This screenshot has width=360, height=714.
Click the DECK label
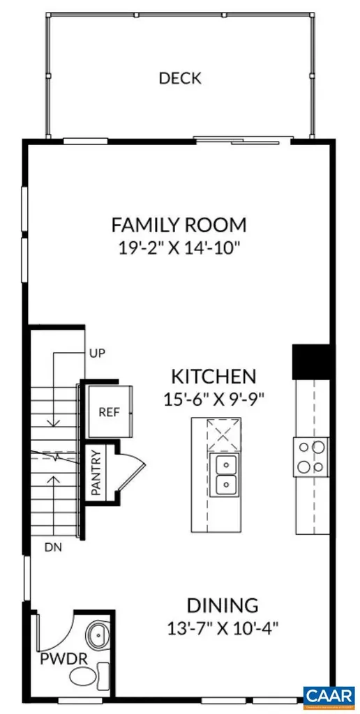(179, 78)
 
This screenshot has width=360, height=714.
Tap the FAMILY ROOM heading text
(179, 225)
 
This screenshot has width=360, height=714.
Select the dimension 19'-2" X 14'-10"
(179, 248)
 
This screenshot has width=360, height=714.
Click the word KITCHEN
(213, 377)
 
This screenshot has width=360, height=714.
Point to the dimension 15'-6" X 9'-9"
(213, 400)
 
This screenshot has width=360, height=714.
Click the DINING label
(222, 605)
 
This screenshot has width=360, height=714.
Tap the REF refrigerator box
(109, 411)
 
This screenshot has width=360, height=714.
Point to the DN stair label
(53, 547)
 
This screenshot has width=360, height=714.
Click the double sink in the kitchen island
(225, 474)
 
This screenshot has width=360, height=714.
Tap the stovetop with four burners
(310, 457)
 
